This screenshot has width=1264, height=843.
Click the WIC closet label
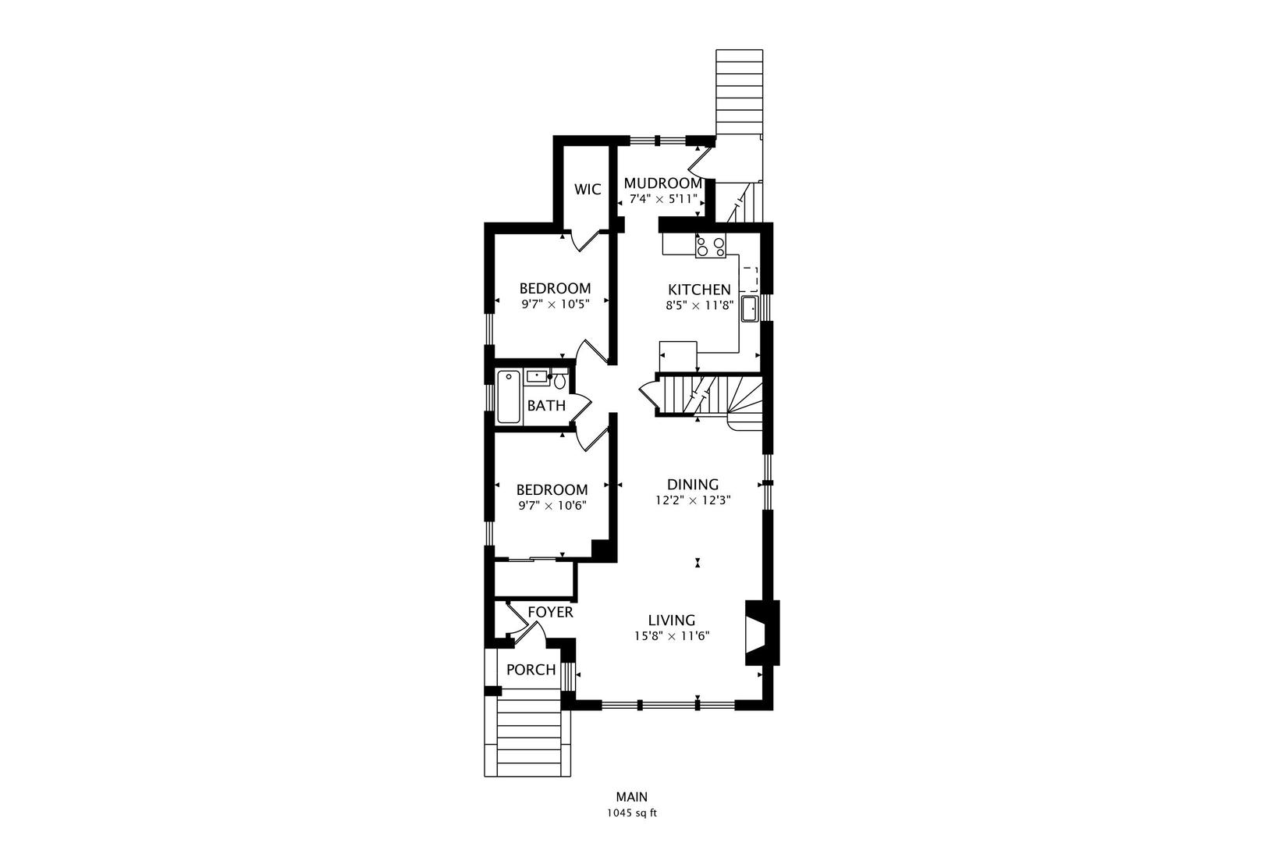[x=588, y=189]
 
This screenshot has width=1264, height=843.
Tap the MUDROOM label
[x=662, y=183]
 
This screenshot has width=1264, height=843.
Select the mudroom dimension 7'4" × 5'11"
[x=663, y=199]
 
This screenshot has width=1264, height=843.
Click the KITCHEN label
[x=699, y=290]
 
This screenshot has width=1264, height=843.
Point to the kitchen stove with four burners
[x=711, y=246]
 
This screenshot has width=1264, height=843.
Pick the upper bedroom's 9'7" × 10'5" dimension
[x=556, y=304]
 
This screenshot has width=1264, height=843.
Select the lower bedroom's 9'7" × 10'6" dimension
[x=552, y=505]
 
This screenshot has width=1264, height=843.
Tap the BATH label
[x=546, y=405]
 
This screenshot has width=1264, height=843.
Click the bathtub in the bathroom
[x=509, y=397]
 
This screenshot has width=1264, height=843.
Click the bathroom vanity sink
[x=537, y=377]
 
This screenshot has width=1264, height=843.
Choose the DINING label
[x=693, y=485]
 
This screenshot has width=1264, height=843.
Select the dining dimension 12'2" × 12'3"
[x=693, y=500]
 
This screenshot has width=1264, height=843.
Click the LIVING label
[x=672, y=621]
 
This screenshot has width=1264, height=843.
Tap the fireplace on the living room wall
[x=762, y=633]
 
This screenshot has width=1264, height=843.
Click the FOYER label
[x=550, y=612]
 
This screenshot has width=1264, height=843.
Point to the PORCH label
[x=531, y=670]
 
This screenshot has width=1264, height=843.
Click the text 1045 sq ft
[x=632, y=813]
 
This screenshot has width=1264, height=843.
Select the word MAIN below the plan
[x=632, y=797]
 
